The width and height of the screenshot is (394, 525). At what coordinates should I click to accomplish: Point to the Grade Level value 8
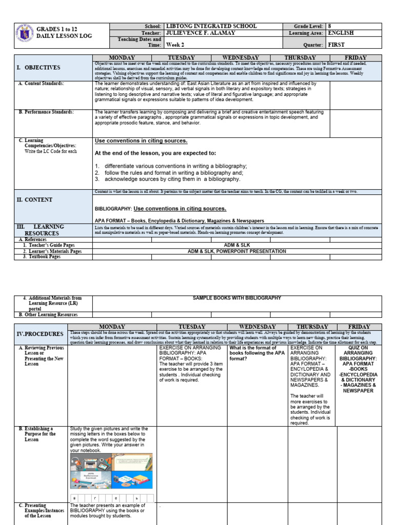329,26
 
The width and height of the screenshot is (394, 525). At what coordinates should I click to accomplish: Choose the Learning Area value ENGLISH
341,33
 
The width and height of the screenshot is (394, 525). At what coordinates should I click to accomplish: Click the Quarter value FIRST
337,45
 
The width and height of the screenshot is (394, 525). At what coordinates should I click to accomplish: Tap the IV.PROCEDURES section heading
40,334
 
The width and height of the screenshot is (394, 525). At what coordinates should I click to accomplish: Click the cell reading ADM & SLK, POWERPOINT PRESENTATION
237,251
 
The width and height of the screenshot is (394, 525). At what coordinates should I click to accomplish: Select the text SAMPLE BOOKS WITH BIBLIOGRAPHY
237,298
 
